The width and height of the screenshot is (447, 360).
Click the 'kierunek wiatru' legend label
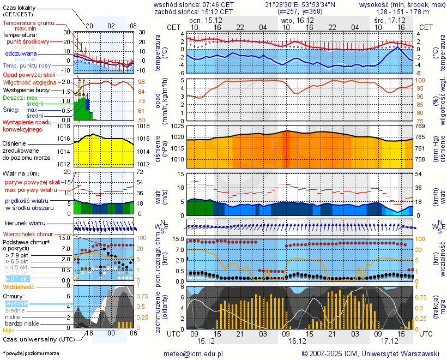pos(25,224)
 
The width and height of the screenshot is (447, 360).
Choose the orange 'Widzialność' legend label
pos(19,286)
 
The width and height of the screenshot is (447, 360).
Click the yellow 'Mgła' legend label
pos(9,330)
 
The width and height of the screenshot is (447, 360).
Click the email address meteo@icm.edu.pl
pos(194,353)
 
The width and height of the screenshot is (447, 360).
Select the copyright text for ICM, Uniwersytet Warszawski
pos(370,353)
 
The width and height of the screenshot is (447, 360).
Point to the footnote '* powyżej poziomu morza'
pos(31,353)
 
